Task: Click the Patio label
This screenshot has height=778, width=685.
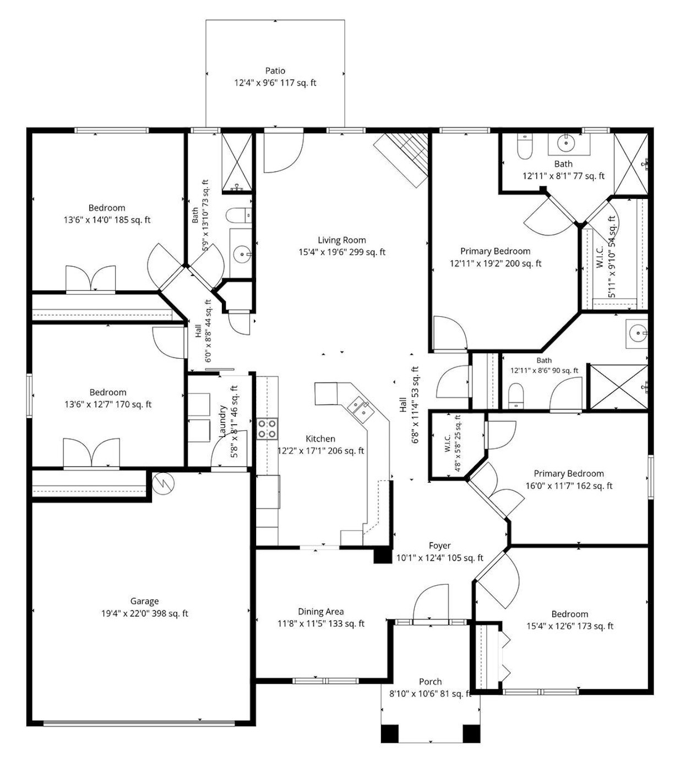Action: [275, 71]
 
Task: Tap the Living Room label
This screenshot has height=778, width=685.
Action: [341, 240]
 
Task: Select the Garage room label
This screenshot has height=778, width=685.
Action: [144, 601]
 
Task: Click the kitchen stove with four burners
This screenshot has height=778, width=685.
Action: [267, 429]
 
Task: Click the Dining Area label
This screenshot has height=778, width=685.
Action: [321, 612]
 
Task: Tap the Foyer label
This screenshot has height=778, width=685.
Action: [439, 545]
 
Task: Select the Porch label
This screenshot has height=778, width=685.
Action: [430, 682]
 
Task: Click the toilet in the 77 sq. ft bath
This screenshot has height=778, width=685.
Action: [524, 147]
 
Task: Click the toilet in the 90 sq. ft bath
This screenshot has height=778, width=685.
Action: [516, 397]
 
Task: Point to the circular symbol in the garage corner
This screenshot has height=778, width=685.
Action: [163, 483]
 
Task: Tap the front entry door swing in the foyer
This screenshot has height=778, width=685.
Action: [431, 602]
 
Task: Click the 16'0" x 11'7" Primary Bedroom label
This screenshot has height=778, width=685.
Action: [569, 473]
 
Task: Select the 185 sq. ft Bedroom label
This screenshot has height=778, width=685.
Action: [107, 208]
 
